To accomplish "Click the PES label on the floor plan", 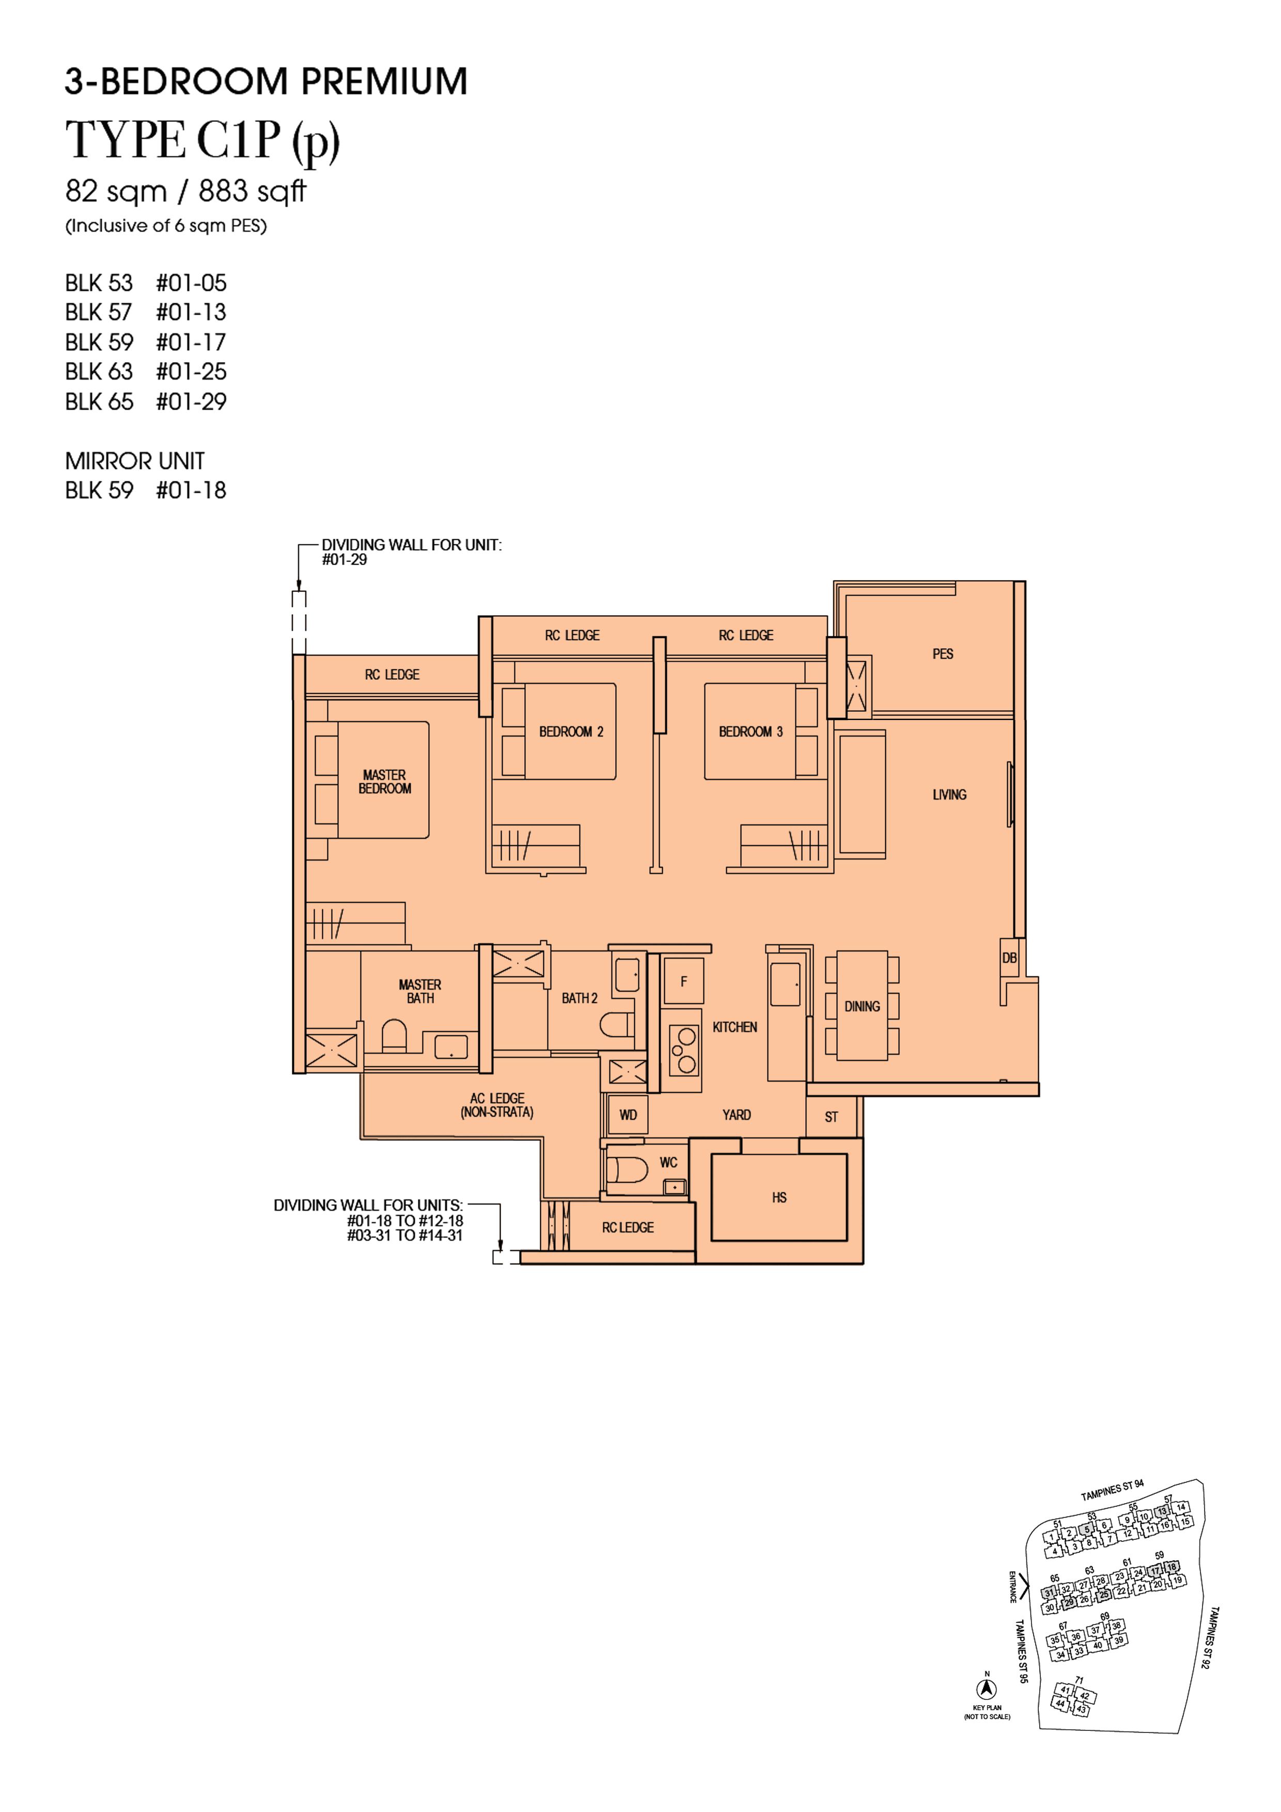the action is pyautogui.click(x=942, y=654).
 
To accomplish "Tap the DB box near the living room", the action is pyautogui.click(x=1009, y=958).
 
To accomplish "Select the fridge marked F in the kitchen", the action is pyautogui.click(x=683, y=981).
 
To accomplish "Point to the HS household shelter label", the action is pyautogui.click(x=779, y=1197).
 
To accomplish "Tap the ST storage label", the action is pyautogui.click(x=831, y=1117).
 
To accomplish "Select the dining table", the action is pyautogui.click(x=862, y=1006).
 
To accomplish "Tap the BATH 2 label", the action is pyautogui.click(x=580, y=998).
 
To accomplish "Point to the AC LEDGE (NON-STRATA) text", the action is pyautogui.click(x=497, y=1105).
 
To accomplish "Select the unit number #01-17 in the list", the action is pyautogui.click(x=191, y=342).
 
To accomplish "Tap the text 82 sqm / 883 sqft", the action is pyautogui.click(x=185, y=191).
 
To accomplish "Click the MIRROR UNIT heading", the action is pyautogui.click(x=135, y=461).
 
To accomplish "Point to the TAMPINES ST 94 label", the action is pyautogui.click(x=1112, y=1491).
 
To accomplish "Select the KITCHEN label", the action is pyautogui.click(x=735, y=1027).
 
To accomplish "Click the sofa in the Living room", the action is pyautogui.click(x=862, y=794).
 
